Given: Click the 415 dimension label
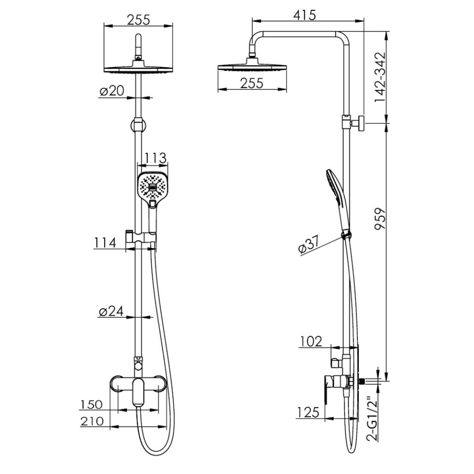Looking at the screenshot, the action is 304,15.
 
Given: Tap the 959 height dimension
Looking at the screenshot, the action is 380,218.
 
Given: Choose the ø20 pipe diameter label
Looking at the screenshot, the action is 112,91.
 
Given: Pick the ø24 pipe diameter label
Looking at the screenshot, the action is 111,311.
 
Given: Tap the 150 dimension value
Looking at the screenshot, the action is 91,404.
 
